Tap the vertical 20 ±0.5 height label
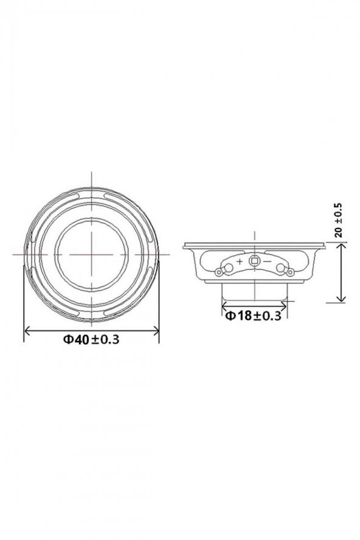(x=339, y=220)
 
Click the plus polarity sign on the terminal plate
(x=239, y=261)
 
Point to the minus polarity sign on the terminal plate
(x=268, y=261)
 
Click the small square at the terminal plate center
(x=254, y=261)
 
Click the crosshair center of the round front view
(x=91, y=251)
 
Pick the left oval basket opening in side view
(x=210, y=260)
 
